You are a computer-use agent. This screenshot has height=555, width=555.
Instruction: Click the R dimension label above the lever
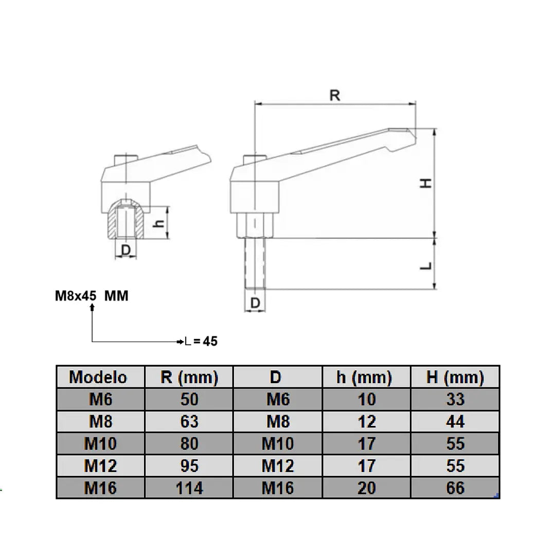point(335,95)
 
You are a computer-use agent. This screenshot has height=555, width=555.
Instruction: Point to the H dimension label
point(426,183)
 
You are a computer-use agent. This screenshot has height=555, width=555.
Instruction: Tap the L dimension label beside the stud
point(426,266)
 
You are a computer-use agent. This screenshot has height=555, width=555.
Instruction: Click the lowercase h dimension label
point(160,223)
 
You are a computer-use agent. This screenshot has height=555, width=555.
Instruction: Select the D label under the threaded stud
point(255,303)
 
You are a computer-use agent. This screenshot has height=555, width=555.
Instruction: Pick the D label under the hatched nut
point(126,250)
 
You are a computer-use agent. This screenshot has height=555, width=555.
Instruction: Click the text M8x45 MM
point(92,296)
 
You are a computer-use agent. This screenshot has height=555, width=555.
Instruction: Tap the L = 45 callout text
point(201,341)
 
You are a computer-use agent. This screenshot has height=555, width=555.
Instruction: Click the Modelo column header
point(98,378)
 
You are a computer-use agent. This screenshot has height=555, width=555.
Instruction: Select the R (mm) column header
point(189,378)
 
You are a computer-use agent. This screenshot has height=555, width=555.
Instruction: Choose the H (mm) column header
point(455,378)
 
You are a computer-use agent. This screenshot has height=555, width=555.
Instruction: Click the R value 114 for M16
point(189,488)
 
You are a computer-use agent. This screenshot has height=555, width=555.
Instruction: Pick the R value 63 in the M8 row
point(189,422)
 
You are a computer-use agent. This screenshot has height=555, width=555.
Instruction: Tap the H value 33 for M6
point(455,399)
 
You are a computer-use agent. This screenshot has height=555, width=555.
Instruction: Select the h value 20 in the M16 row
point(367,488)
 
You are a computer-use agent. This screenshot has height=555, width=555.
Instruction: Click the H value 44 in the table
point(455,422)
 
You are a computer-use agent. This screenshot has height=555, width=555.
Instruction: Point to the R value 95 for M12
point(189,466)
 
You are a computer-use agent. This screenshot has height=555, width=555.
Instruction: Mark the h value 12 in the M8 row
point(367,422)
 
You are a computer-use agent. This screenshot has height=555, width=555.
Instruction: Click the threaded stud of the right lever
point(255,263)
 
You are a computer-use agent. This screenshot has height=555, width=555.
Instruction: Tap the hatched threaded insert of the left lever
point(126,220)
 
